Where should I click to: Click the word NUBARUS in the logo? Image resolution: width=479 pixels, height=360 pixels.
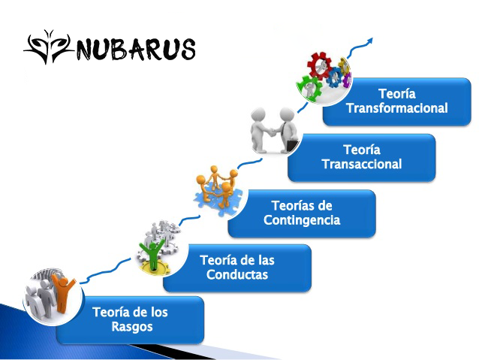136,49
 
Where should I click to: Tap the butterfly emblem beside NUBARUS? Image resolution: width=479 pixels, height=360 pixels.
49,47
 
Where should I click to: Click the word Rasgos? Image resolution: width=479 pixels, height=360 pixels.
132,327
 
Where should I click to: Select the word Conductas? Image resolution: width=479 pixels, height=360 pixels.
237,274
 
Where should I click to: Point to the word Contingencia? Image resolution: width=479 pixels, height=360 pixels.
302,220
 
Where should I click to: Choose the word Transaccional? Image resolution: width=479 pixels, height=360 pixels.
362,164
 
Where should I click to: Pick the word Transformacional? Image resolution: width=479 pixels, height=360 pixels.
397,108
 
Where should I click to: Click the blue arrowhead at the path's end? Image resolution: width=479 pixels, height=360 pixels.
369,41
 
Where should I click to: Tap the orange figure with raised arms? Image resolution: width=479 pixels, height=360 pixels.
62,292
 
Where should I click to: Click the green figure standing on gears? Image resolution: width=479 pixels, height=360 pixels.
152,253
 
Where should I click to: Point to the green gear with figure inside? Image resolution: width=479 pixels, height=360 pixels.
309,88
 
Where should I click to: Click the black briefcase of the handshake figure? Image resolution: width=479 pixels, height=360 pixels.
292,145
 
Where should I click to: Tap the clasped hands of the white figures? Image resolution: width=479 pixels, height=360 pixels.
271,132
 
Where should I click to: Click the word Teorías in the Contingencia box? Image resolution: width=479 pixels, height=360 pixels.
290,206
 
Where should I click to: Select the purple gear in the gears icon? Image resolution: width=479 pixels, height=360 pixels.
347,80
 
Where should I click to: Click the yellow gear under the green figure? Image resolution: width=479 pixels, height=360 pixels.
154,269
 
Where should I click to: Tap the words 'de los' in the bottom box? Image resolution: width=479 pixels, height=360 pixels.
149,313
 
